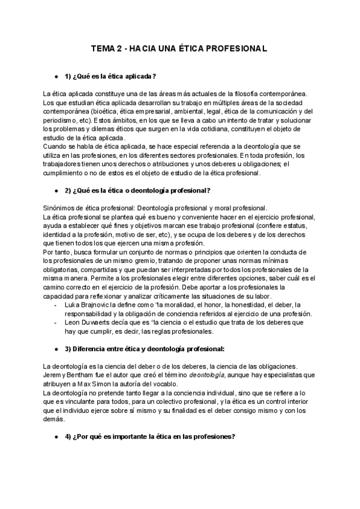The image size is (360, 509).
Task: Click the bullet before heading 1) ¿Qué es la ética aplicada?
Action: pyautogui.click(x=56, y=76)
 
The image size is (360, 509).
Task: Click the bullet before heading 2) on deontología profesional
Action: pyautogui.click(x=56, y=191)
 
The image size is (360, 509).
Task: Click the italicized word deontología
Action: pyautogui.click(x=208, y=376)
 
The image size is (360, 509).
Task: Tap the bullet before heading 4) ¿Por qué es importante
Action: pyautogui.click(x=56, y=437)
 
